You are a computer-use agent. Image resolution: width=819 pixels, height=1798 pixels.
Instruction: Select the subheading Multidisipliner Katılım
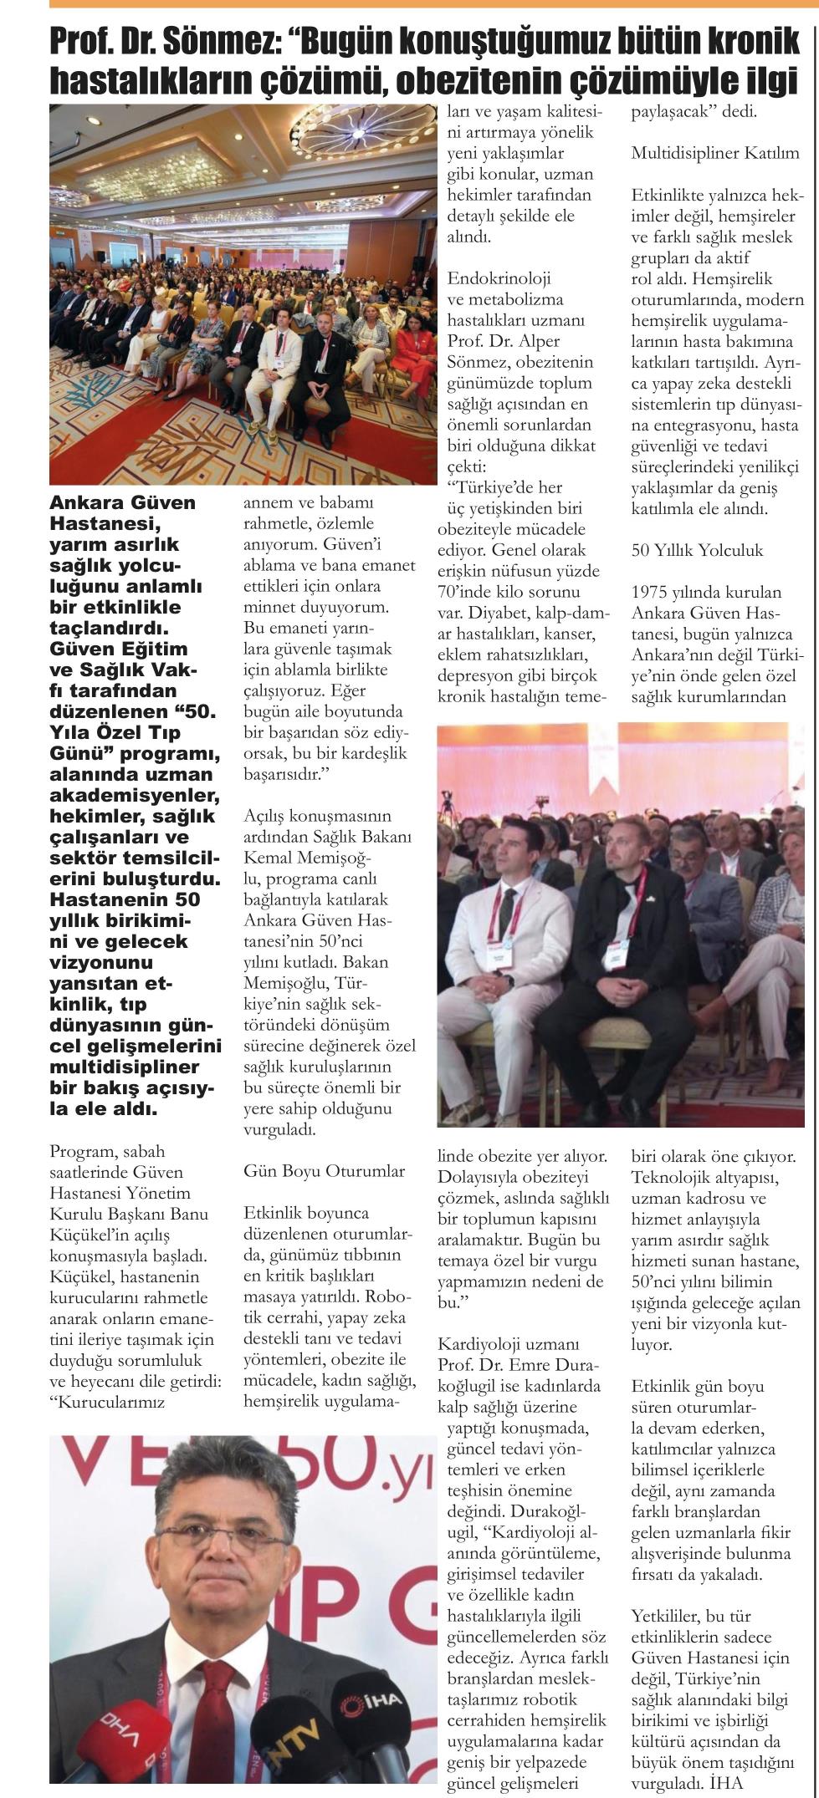click(715, 154)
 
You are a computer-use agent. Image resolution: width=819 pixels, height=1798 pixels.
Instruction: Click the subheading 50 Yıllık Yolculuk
click(697, 551)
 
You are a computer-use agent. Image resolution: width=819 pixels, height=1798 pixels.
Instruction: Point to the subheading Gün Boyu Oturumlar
click(324, 1171)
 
